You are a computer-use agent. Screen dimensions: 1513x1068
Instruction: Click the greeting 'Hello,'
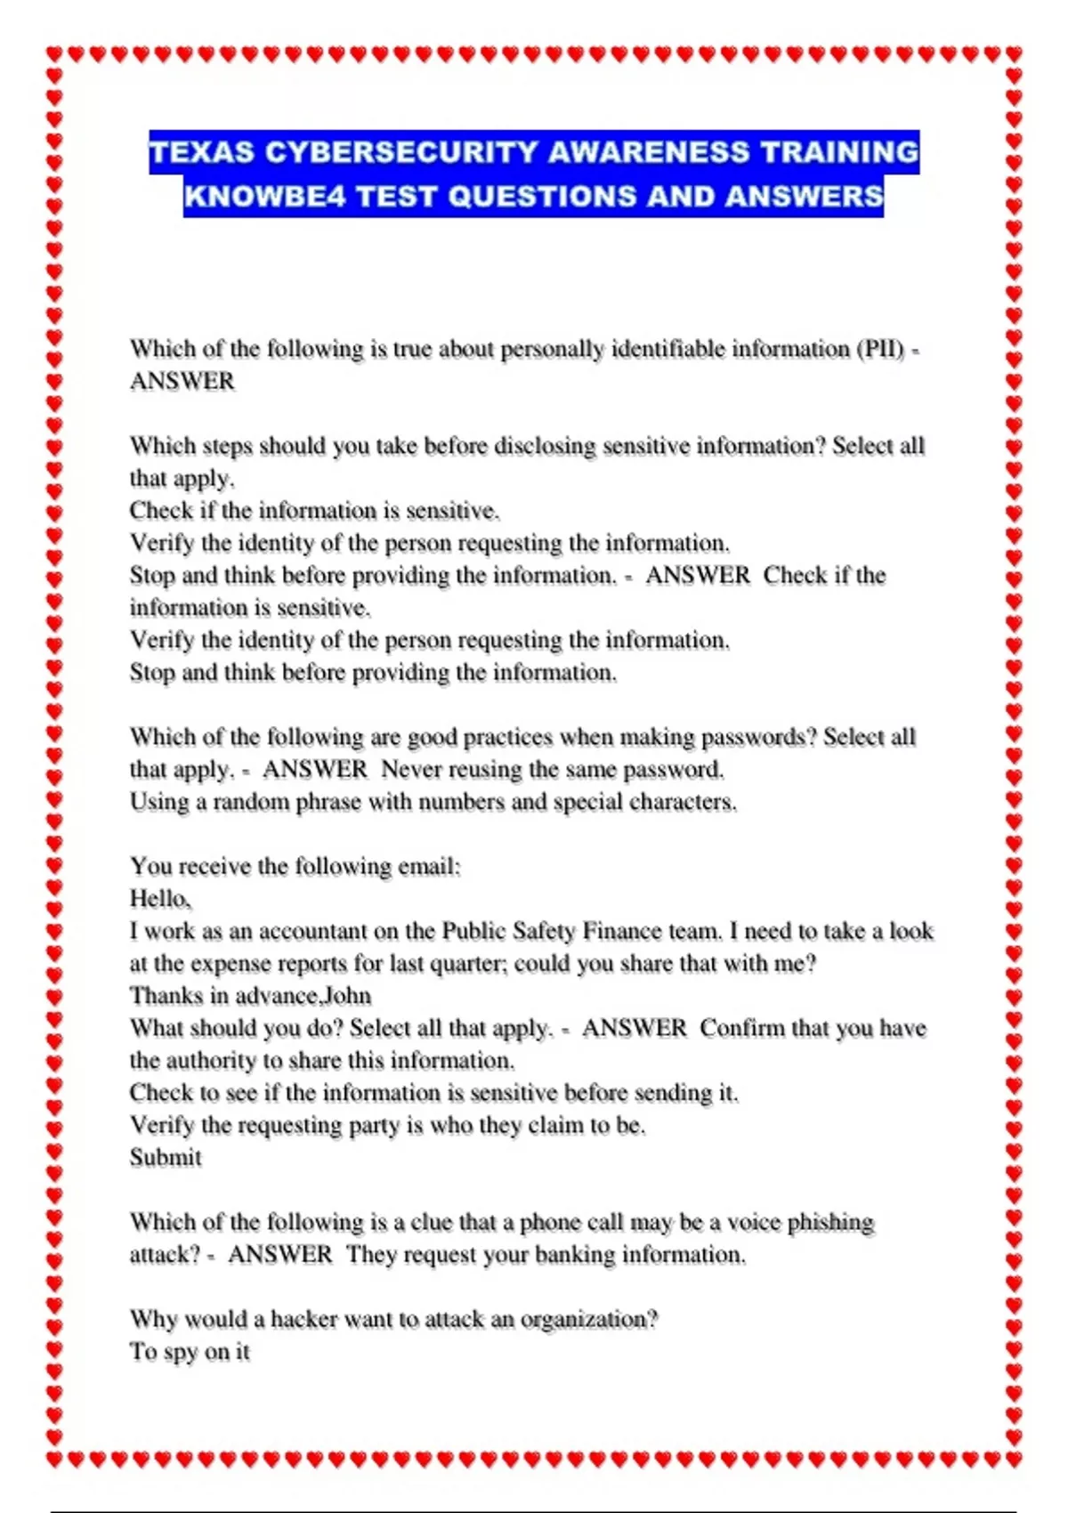tap(160, 899)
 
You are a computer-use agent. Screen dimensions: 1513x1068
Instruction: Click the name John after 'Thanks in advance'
tap(346, 996)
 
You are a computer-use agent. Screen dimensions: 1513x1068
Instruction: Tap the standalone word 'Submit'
tap(166, 1158)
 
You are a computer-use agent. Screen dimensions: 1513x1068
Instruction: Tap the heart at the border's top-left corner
tap(54, 55)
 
